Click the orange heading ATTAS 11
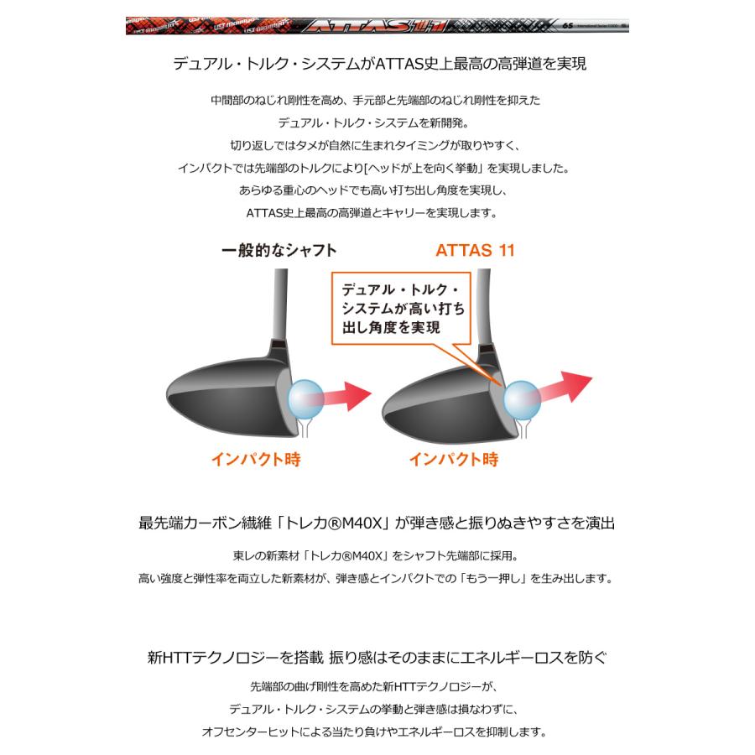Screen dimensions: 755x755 pos(475,250)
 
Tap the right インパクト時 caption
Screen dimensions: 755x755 pos(454,459)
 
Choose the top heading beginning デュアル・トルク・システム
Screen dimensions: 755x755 pos(377,64)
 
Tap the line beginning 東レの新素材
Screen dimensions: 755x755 pos(377,555)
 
